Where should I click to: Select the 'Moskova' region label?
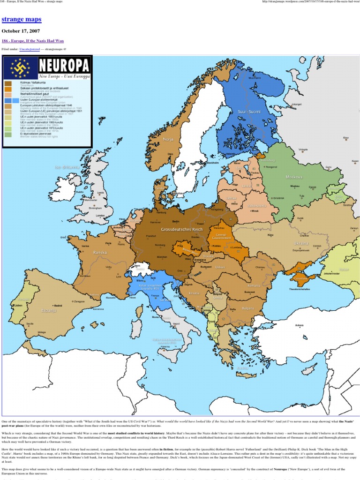294,177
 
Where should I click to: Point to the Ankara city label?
299,325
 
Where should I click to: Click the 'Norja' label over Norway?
168,139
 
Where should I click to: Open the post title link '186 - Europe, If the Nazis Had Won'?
33,41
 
